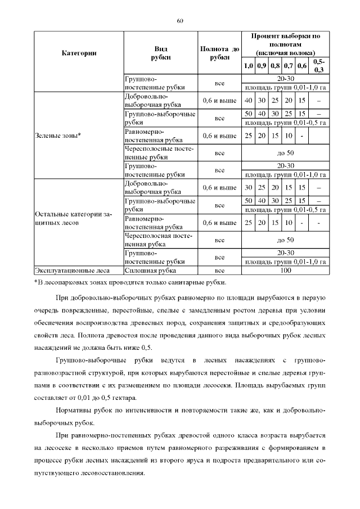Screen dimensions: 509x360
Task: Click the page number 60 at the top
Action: (180, 21)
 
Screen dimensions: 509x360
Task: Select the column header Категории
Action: (79, 53)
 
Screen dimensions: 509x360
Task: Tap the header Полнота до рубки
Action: (220, 53)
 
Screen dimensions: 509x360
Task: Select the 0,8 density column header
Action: (275, 66)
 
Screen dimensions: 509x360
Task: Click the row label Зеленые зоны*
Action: (58, 135)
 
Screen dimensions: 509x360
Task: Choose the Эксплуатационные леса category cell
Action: (68, 269)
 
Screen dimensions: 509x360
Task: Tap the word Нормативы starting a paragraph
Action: (76, 411)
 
